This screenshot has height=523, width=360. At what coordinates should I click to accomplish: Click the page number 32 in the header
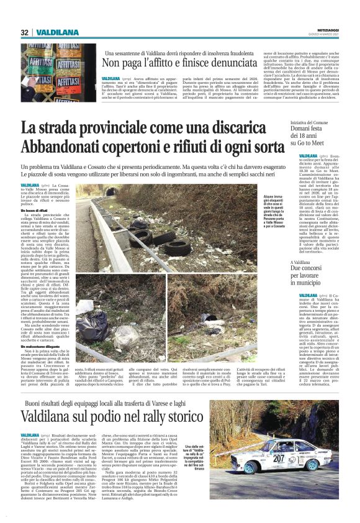pyautogui.click(x=24, y=32)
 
